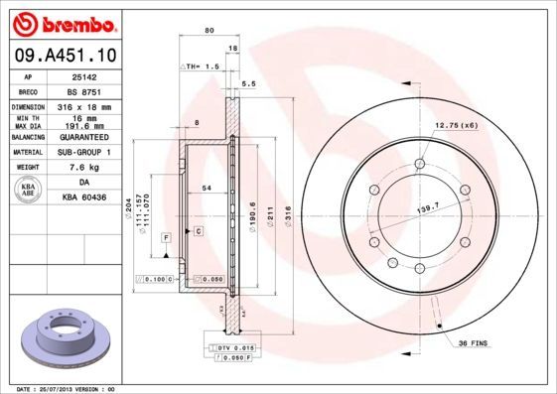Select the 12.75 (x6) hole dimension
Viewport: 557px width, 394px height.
tap(457, 125)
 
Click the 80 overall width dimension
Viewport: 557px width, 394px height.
tap(209, 31)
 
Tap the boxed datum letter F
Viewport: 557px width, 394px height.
tap(166, 237)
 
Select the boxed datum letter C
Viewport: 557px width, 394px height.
tap(199, 231)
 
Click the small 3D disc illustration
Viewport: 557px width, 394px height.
tap(61, 337)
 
